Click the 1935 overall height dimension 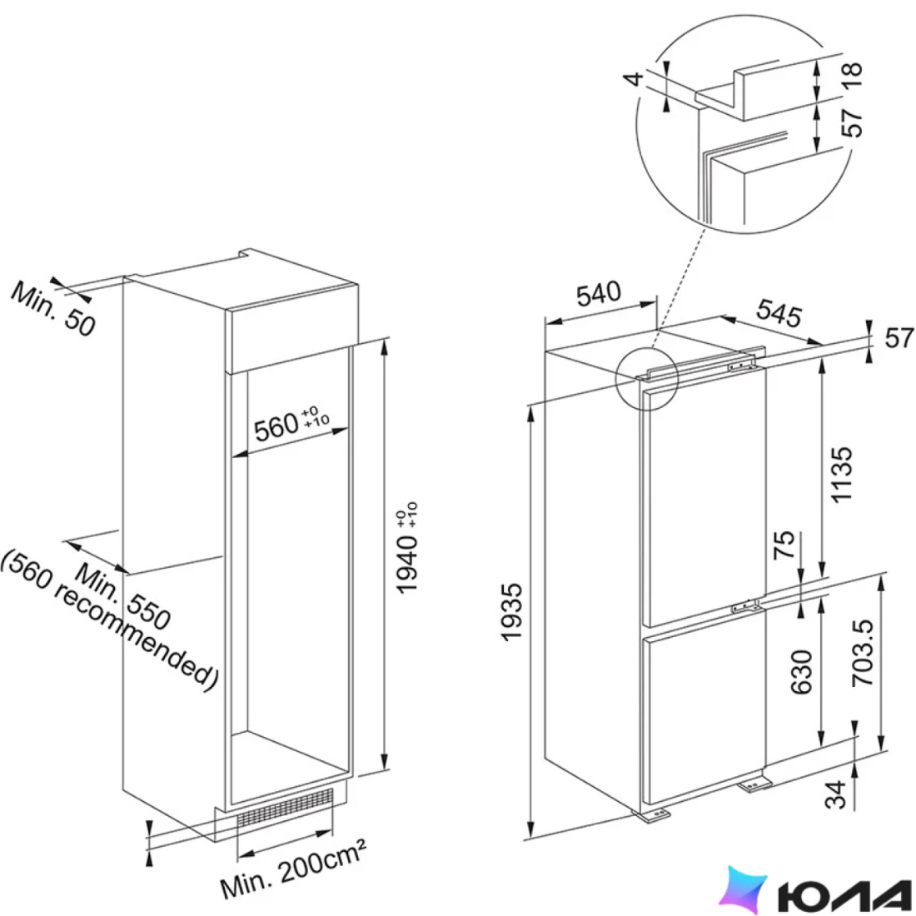[512, 612]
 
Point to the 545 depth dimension [779, 313]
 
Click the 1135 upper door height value [841, 474]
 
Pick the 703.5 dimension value [862, 652]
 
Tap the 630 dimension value [801, 672]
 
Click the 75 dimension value [784, 544]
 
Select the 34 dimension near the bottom [835, 794]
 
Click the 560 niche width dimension [291, 424]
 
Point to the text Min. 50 [53, 308]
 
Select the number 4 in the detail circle [633, 77]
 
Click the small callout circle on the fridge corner [647, 379]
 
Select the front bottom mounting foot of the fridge [653, 815]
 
